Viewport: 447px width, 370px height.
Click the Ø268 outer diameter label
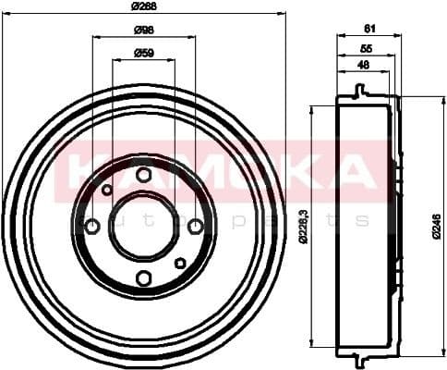[x=144, y=6]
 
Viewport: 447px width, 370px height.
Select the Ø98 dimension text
[x=144, y=30]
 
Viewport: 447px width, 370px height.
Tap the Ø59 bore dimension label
[x=144, y=52]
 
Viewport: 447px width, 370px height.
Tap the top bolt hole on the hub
[x=143, y=175]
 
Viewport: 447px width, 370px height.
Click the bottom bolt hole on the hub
[x=143, y=278]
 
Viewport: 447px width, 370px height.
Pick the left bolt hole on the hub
[x=92, y=227]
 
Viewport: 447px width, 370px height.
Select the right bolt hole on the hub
[x=195, y=227]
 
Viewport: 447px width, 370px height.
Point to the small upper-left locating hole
[x=107, y=191]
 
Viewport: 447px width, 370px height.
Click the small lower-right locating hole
[x=180, y=264]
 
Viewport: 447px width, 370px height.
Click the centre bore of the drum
[x=143, y=227]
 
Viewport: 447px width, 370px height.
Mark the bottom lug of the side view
[x=358, y=355]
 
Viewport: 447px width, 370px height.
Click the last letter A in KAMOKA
[x=352, y=168]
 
